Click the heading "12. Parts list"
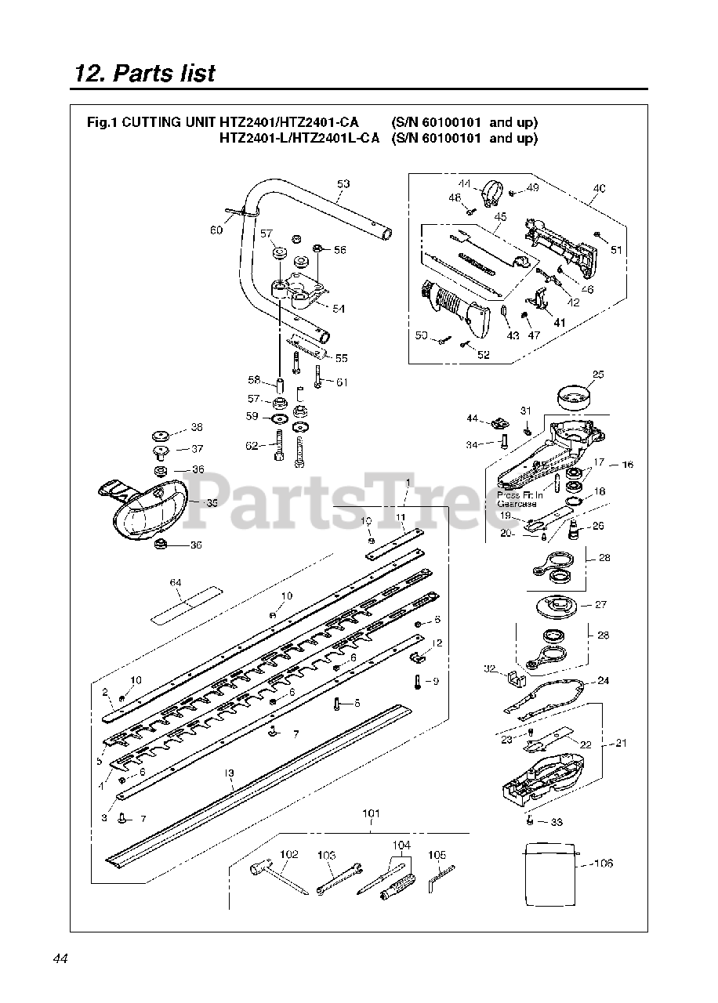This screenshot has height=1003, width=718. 144,74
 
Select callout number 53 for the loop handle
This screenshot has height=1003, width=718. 343,184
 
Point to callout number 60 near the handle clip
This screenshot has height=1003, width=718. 216,230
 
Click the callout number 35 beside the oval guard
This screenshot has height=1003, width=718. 212,503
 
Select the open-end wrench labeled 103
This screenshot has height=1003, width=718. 338,878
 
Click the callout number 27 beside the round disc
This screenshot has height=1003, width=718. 601,604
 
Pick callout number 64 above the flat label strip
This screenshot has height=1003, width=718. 176,582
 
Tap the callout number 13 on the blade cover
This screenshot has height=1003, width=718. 229,773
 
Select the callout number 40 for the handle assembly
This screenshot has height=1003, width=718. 600,188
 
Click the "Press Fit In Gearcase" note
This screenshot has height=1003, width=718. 520,500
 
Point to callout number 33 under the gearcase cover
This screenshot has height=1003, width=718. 557,822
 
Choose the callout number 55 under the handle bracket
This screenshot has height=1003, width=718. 341,358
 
